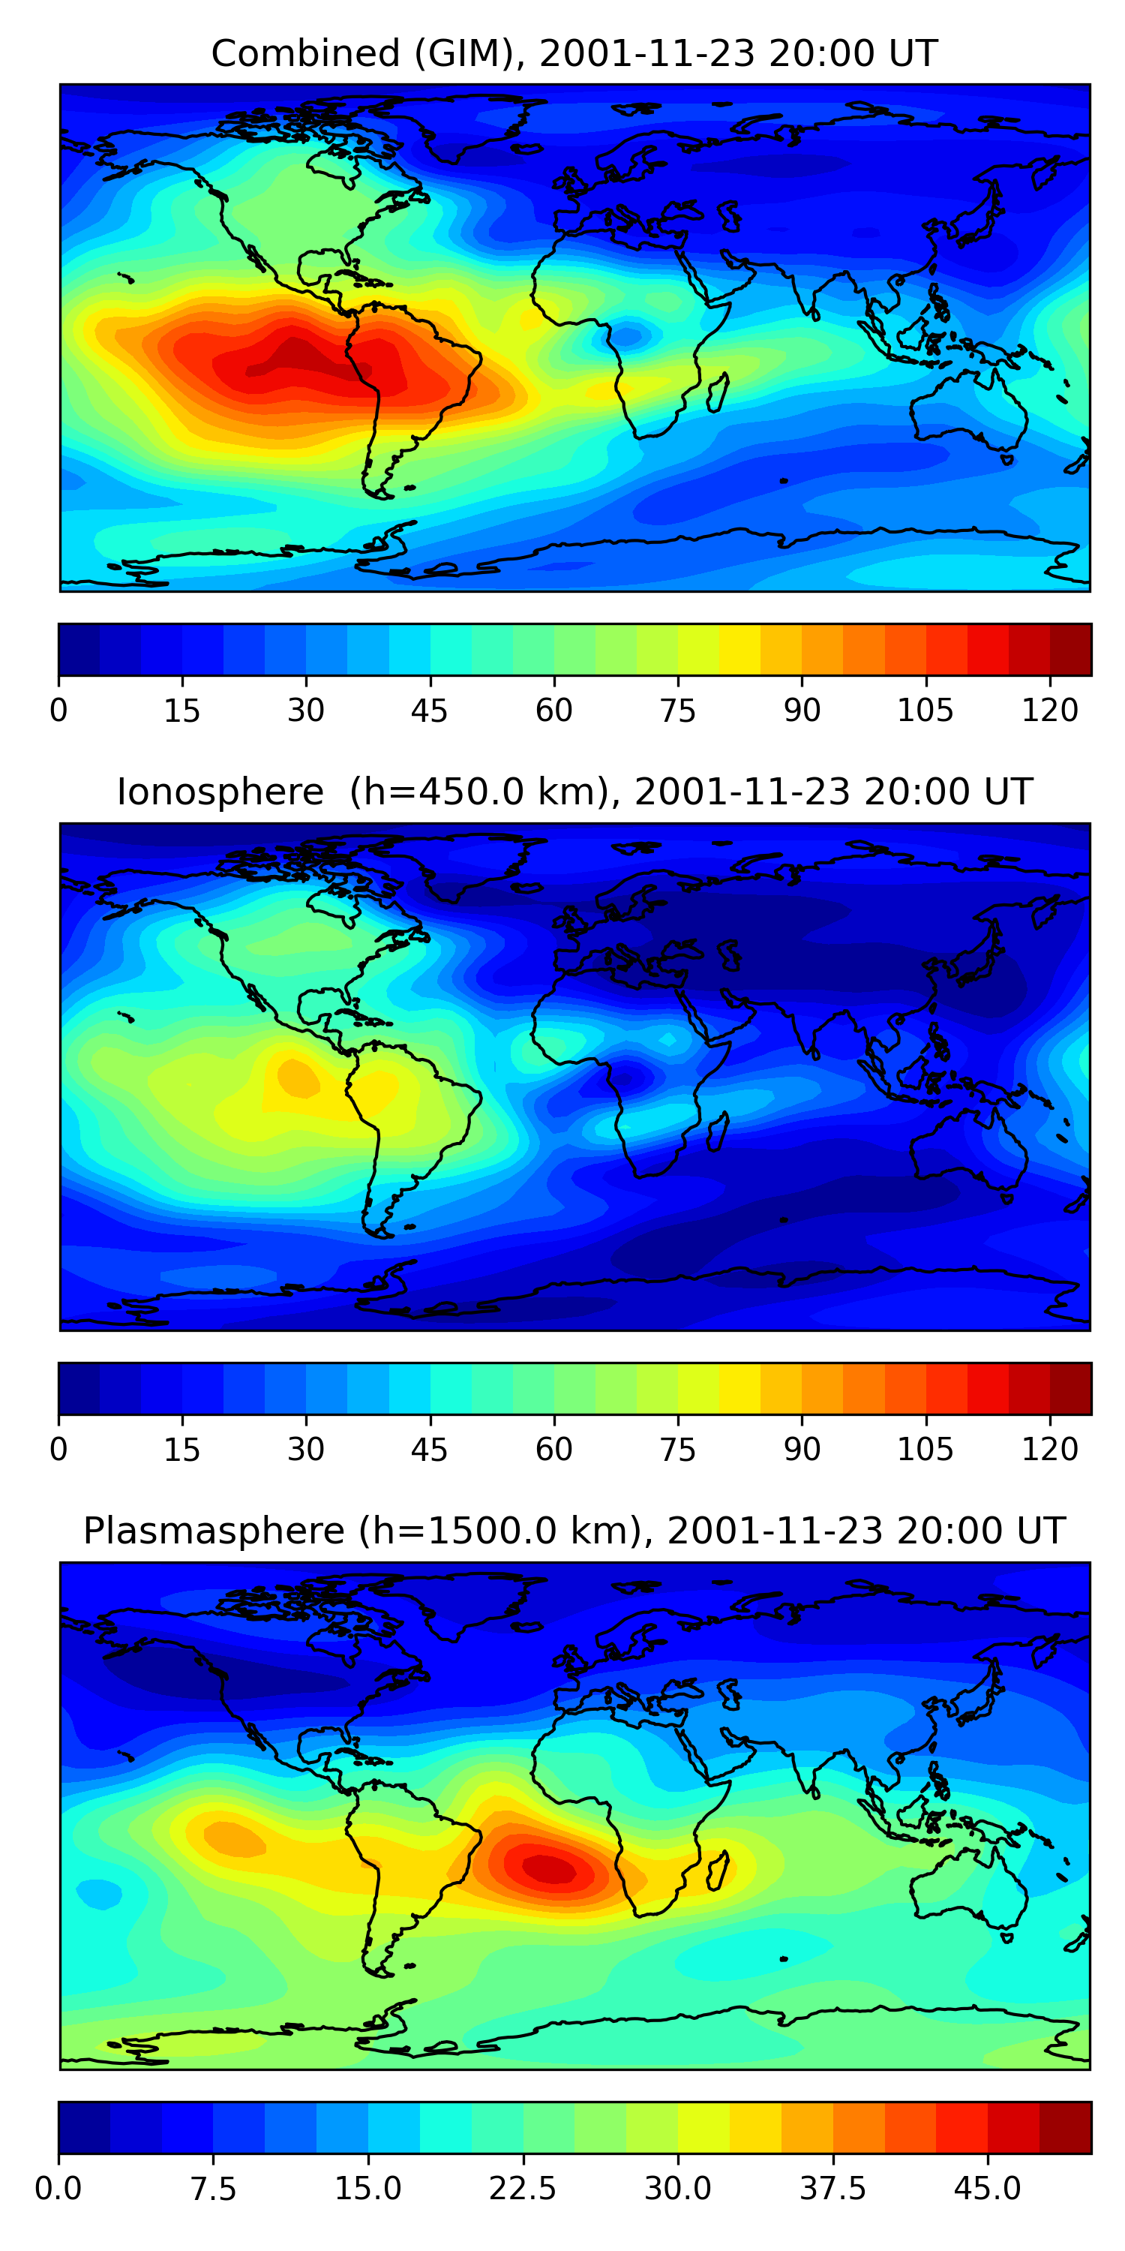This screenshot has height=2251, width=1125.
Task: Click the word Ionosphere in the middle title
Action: [220, 792]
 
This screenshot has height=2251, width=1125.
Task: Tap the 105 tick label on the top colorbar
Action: [925, 711]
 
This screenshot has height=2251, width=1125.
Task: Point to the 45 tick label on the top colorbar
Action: [429, 711]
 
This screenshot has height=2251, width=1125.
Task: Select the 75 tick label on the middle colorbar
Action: [678, 1449]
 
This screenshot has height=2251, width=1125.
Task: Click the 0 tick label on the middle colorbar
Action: [58, 1449]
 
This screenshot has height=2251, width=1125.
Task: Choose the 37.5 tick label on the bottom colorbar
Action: [832, 2188]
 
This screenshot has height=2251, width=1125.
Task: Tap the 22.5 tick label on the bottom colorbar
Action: [522, 2188]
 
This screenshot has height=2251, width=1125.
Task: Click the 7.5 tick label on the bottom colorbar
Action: [213, 2188]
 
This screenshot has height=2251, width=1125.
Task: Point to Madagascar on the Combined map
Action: [718, 392]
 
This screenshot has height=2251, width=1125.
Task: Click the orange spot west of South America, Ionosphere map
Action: [297, 1077]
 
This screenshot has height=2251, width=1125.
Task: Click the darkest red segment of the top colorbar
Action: [1070, 649]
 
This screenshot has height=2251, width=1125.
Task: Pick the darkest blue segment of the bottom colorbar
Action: [84, 2127]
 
